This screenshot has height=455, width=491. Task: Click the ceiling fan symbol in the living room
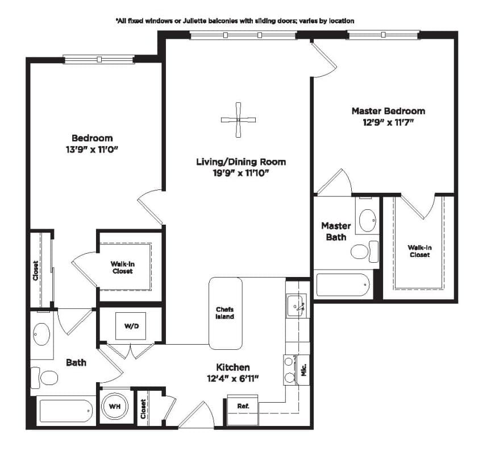pyautogui.click(x=238, y=119)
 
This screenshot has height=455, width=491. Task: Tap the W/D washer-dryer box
pyautogui.click(x=131, y=326)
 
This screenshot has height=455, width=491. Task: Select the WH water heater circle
pyautogui.click(x=115, y=407)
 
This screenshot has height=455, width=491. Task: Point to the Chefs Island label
pyautogui.click(x=225, y=313)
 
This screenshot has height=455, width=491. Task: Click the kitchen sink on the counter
pyautogui.click(x=296, y=306)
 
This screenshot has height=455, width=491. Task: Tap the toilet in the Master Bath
pyautogui.click(x=364, y=251)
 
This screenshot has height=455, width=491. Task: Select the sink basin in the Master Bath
pyautogui.click(x=367, y=221)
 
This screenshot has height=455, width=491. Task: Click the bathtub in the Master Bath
pyautogui.click(x=343, y=285)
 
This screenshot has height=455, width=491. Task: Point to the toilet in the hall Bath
pyautogui.click(x=44, y=377)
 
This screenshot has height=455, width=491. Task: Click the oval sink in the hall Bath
pyautogui.click(x=41, y=334)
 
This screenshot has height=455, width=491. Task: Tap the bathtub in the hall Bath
pyautogui.click(x=66, y=411)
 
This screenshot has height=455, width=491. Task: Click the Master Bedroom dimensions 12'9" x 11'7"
pyautogui.click(x=388, y=122)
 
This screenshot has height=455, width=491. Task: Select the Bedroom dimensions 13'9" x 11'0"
pyautogui.click(x=91, y=150)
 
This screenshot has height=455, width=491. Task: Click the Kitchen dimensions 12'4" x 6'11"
pyautogui.click(x=232, y=379)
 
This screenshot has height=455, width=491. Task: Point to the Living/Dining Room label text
pyautogui.click(x=241, y=162)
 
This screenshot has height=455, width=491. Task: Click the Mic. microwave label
pyautogui.click(x=303, y=370)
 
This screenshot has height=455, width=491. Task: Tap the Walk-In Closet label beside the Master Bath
pyautogui.click(x=419, y=251)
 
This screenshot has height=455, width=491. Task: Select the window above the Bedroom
pyautogui.click(x=99, y=59)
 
